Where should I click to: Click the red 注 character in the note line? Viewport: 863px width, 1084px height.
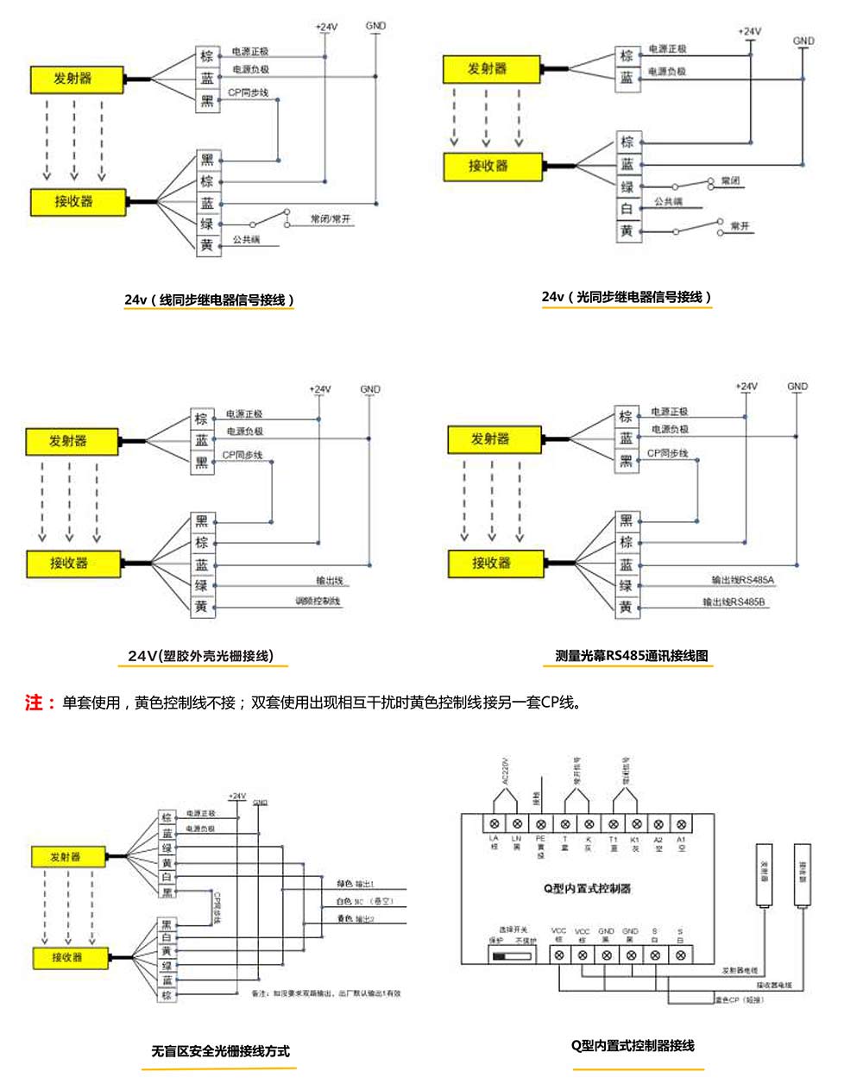coord(34,703)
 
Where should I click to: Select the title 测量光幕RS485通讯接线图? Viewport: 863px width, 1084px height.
coord(632,656)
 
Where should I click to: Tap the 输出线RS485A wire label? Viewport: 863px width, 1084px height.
coord(742,580)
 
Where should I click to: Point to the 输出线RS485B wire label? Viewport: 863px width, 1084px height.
coord(734,602)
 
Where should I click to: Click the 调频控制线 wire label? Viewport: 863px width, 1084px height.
coord(318,601)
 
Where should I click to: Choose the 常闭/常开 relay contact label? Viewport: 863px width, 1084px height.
coord(331,219)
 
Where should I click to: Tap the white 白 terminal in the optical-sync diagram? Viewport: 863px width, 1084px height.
coord(627,209)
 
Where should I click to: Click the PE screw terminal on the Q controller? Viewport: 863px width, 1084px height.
coord(541,824)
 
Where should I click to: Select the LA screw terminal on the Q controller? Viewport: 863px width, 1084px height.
coord(494,824)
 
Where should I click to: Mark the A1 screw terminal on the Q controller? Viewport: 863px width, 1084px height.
coord(681,824)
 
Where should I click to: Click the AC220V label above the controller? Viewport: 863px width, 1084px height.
coord(506,772)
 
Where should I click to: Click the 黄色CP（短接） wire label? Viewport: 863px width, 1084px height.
coord(738,999)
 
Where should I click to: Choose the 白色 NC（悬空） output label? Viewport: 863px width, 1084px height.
coord(365,901)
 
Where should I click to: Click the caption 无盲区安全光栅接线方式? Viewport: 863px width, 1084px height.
coord(220,1051)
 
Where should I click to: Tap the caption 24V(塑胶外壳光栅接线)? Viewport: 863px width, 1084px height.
coord(201,656)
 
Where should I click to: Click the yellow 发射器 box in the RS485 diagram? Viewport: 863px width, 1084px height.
coord(490,439)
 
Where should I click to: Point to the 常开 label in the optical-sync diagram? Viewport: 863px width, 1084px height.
coord(740,226)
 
